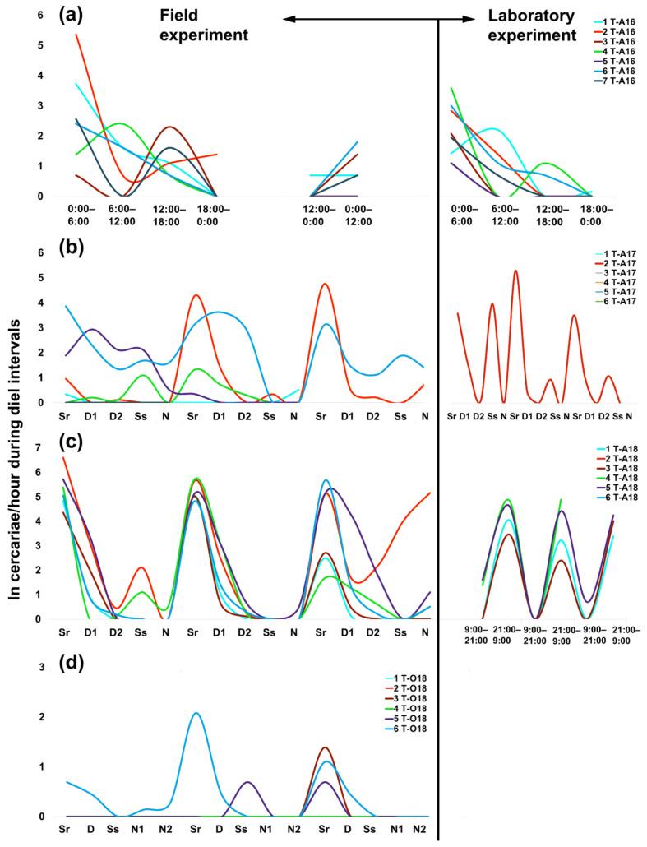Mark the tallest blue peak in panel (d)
coord(195,713)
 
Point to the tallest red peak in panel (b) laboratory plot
coord(515,271)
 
